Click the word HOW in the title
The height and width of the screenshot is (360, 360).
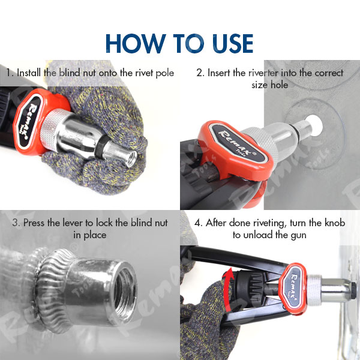point(136,43)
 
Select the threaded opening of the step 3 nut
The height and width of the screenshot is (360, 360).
point(124,290)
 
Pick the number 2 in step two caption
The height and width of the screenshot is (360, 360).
point(200,73)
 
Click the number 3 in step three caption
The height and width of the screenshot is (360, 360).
point(16,223)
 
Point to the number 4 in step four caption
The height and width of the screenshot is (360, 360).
point(198,223)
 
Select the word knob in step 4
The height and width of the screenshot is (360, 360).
point(335,223)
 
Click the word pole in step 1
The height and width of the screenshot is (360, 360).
point(164,73)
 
